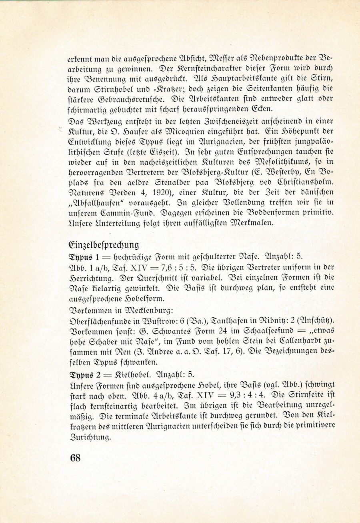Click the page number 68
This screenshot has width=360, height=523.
75,458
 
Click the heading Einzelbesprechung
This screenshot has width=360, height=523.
104,245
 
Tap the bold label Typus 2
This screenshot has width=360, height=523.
84,375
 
